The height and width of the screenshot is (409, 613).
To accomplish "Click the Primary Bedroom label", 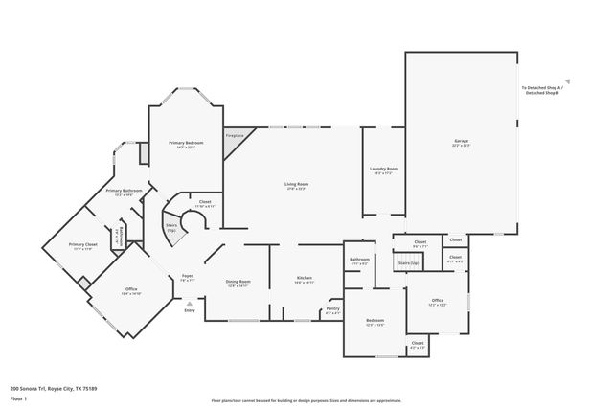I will pos(187,145).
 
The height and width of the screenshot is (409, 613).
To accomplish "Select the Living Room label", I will pos(295,186).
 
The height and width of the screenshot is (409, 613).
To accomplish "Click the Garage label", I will pos(461,144).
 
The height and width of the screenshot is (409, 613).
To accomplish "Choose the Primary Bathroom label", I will pos(125,192).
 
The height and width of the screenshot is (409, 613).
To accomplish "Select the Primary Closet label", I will pos(83,246).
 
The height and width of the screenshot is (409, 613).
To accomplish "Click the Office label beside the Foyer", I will pos(131,291).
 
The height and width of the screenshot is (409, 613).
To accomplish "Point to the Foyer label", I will pos(188,278).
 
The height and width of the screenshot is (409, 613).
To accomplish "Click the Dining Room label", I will pos(238,283).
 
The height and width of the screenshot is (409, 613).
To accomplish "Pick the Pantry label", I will pos(332,311).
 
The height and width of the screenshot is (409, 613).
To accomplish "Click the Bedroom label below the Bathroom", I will pos(375,323).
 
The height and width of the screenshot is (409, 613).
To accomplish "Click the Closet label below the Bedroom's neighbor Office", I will pos(417,344).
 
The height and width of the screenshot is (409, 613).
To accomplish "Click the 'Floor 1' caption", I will pos(17,398).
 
